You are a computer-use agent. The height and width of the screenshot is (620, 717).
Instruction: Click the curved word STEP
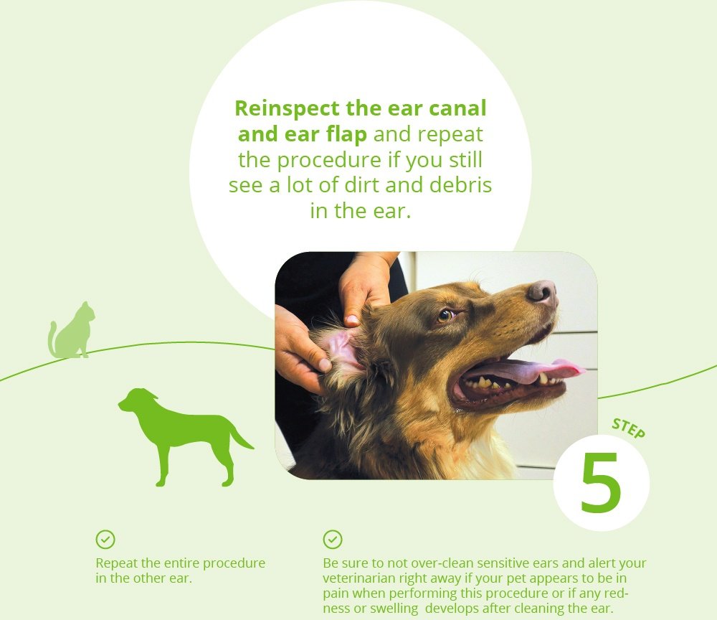click(x=629, y=428)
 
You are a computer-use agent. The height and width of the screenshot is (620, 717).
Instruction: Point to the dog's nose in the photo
click(x=542, y=292)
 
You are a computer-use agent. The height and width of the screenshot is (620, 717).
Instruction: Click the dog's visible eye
click(x=445, y=315)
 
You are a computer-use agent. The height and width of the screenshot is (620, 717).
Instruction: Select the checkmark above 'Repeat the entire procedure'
click(x=105, y=540)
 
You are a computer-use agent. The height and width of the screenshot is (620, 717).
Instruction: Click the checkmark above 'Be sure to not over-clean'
click(x=333, y=540)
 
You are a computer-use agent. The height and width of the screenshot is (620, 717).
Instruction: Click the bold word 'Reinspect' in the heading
click(x=288, y=108)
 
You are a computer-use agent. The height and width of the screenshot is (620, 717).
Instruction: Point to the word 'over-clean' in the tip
click(x=442, y=563)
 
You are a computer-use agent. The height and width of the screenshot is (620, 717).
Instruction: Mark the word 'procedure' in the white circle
click(x=329, y=160)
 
